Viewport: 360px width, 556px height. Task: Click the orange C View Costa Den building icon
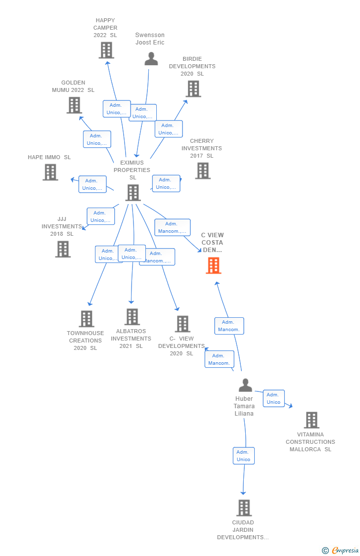click(214, 265)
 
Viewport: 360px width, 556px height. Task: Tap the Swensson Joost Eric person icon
click(151, 59)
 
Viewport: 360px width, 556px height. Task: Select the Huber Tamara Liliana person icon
click(245, 385)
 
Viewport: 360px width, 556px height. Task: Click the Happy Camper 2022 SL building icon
click(106, 50)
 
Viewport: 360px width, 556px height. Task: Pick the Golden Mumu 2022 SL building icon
click(74, 105)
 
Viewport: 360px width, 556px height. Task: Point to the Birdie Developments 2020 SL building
click(193, 88)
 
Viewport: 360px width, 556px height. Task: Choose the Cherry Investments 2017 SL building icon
click(203, 171)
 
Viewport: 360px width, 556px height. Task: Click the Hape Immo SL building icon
click(50, 172)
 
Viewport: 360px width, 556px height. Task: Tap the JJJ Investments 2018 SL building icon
click(63, 249)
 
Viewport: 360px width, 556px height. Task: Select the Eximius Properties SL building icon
click(133, 192)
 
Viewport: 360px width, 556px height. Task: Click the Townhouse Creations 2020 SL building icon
click(87, 319)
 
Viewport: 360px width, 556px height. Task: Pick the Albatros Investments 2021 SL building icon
click(132, 317)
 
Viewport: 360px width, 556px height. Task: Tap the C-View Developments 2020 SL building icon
click(182, 324)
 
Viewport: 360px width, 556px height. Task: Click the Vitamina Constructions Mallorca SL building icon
click(312, 420)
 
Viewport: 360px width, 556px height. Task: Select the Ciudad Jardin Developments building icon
click(244, 508)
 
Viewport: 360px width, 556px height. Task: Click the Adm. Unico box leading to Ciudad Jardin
click(244, 456)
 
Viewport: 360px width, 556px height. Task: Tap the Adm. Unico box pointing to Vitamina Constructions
click(273, 398)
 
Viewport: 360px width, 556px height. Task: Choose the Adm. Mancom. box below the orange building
click(229, 326)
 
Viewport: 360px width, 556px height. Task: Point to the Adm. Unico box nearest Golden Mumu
click(97, 139)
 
